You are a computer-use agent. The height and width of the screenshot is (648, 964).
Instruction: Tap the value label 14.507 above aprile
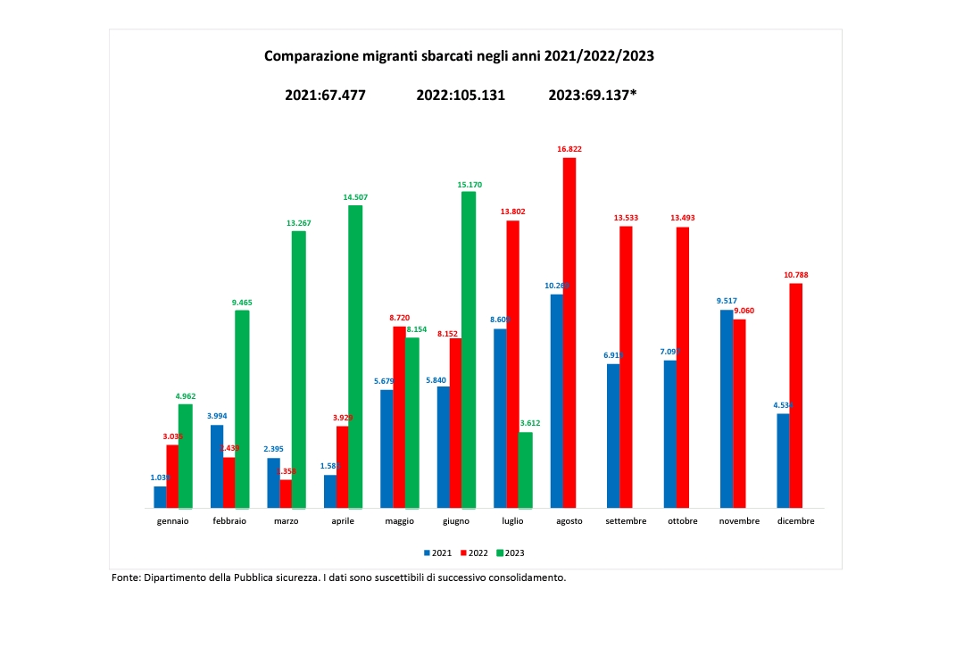click(x=355, y=198)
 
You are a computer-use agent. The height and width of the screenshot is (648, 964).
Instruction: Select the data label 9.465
click(x=242, y=303)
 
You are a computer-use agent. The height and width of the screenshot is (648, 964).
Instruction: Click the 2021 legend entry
click(x=438, y=552)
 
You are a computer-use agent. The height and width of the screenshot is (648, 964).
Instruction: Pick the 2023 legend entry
click(x=511, y=552)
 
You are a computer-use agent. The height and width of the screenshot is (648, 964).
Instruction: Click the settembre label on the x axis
click(x=625, y=521)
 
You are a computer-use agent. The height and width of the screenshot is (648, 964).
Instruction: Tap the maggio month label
click(x=398, y=521)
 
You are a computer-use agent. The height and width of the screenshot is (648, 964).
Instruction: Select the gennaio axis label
click(x=172, y=521)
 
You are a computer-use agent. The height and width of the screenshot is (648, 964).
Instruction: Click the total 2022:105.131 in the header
click(x=461, y=95)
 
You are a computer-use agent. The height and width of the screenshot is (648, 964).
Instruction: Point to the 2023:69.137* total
click(x=592, y=95)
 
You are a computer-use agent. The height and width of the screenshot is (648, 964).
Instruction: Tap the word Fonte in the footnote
click(x=127, y=577)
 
